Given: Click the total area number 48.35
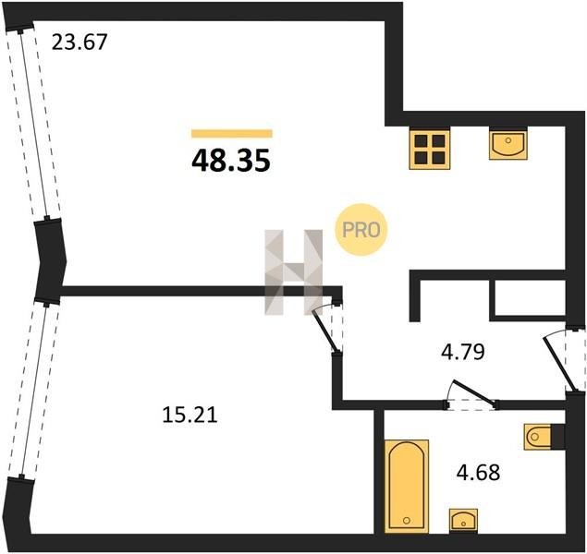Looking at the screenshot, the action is click(x=230, y=161).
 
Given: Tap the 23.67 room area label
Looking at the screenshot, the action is click(x=79, y=42).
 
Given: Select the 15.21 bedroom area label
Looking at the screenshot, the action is click(x=190, y=415).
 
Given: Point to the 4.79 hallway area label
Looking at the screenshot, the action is click(x=463, y=352).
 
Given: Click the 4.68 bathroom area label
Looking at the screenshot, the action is click(x=478, y=472).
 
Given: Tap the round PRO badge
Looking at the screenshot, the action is click(x=361, y=230).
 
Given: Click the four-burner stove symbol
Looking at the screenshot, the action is click(x=430, y=150).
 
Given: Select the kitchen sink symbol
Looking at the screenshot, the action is click(x=508, y=143).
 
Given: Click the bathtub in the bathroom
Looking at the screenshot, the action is click(x=406, y=486).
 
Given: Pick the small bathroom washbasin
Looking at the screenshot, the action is click(x=463, y=520).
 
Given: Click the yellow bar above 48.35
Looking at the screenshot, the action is click(x=232, y=134).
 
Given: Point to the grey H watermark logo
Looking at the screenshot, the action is click(x=294, y=271).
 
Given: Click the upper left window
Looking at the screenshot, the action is click(x=33, y=124).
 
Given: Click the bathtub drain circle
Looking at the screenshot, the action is click(x=407, y=520).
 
